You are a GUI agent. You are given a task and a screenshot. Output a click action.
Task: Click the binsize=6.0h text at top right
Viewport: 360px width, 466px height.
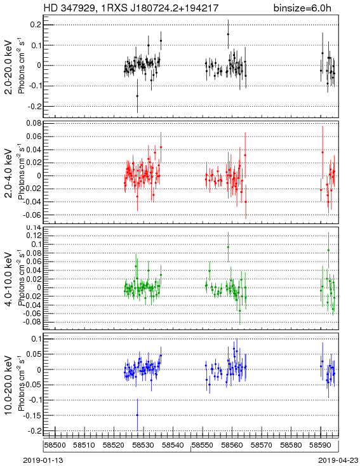[302, 8]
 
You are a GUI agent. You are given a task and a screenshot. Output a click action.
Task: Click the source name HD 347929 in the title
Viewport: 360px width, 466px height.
[70, 8]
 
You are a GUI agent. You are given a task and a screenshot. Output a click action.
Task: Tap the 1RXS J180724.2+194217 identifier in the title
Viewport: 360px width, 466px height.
[160, 8]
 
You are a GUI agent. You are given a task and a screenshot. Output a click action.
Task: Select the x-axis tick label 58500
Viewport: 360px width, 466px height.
[55, 445]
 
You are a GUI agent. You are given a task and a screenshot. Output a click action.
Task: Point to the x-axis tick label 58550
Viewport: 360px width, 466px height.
[203, 445]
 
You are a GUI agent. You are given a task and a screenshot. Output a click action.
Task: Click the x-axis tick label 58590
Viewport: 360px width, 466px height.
[321, 445]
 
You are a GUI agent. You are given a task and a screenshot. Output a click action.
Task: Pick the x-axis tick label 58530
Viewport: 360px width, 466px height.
[143, 445]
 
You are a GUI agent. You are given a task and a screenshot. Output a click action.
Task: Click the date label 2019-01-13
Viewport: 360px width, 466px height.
[43, 460]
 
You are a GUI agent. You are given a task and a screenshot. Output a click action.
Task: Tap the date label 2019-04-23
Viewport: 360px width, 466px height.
[338, 460]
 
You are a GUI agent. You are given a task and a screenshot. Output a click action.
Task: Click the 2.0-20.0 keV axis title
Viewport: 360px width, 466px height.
[9, 67]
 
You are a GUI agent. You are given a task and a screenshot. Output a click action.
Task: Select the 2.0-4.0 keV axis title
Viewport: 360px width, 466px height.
[9, 173]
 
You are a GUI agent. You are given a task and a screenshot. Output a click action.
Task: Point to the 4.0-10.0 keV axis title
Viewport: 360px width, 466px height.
[9, 279]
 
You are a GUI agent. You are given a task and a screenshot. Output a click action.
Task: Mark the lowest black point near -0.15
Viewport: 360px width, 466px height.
[137, 96]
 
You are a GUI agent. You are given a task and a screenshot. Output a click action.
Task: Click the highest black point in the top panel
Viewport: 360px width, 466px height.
[228, 34]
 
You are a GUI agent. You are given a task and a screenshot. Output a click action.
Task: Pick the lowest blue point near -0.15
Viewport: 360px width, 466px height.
[137, 415]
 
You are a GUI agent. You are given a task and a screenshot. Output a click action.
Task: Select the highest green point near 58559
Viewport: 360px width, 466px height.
[228, 247]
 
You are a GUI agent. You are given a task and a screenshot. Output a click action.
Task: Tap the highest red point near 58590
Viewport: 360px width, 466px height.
[323, 152]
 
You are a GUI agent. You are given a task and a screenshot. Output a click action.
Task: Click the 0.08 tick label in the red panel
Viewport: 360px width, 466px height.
[34, 123]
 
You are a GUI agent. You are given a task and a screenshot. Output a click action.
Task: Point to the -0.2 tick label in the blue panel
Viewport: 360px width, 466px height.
[34, 431]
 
